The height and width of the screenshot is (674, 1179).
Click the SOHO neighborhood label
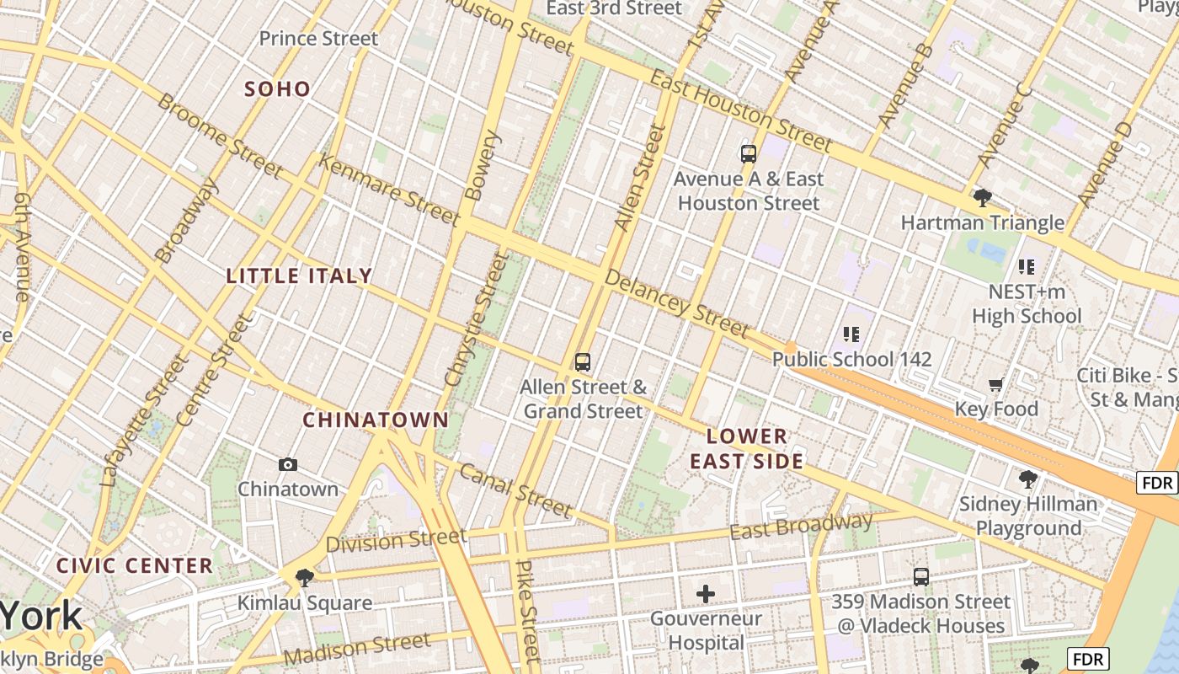[277, 88]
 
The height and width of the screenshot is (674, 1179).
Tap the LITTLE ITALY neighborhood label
[299, 275]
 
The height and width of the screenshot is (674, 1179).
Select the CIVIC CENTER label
[135, 565]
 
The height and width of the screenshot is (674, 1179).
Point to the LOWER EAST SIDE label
[746, 448]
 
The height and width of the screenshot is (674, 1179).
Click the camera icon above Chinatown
[288, 465]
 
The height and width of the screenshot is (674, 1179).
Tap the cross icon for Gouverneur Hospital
[706, 595]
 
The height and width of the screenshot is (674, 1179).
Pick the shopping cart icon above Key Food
[995, 385]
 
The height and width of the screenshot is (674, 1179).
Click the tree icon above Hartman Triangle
[982, 199]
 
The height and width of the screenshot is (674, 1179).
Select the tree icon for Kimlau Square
[305, 578]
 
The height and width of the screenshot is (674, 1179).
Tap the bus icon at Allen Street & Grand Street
[582, 363]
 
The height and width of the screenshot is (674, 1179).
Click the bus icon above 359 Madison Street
[921, 577]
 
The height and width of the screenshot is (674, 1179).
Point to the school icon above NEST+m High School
[1027, 268]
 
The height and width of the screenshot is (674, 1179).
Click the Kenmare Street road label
[388, 190]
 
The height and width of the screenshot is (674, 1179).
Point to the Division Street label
[396, 541]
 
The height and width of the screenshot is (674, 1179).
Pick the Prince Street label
[318, 39]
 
